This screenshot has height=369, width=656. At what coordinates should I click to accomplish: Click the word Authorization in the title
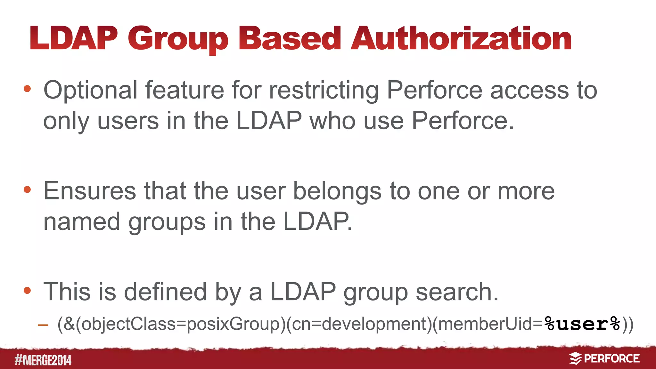pos(461,39)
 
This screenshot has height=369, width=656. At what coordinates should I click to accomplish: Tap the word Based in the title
pos(290,39)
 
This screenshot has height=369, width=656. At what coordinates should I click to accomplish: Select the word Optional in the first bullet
pos(90,91)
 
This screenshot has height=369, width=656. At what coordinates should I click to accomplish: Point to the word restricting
pos(324,91)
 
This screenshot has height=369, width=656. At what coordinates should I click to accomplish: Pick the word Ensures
pos(90,191)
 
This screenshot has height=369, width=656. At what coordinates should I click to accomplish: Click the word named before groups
pos(82,221)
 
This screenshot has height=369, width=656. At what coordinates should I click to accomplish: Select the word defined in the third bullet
pos(165,292)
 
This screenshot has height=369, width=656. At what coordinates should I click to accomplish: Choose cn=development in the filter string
pos(359,324)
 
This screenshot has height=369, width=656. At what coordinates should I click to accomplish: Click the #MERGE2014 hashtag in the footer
pos(43,360)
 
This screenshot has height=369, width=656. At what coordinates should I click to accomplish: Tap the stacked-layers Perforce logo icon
pos(575,358)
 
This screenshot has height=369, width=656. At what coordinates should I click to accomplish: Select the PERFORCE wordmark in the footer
pos(611,358)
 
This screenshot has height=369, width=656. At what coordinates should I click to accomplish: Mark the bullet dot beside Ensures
pos(27,190)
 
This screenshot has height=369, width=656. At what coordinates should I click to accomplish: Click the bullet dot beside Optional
pos(27,89)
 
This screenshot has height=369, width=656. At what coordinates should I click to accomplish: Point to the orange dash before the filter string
pos(43,325)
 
